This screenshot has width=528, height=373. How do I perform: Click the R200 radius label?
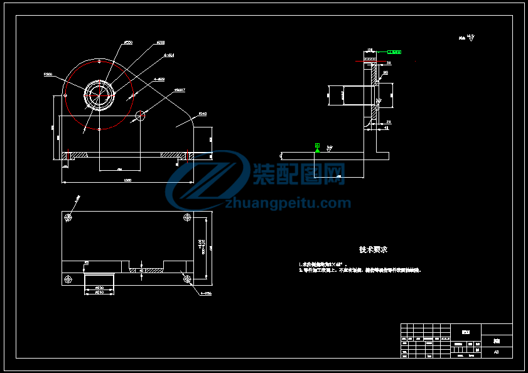(48, 74)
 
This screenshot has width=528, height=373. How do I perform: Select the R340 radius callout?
(202, 114)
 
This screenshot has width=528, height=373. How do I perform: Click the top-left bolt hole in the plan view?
(68, 217)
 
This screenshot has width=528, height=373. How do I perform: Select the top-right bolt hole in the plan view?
(187, 217)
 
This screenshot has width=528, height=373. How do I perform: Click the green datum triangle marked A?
(318, 147)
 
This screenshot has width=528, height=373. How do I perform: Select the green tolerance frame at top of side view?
(394, 52)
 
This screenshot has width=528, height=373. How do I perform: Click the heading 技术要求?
(373, 249)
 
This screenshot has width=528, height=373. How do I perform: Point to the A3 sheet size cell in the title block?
(496, 352)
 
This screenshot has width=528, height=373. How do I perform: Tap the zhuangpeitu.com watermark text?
(288, 203)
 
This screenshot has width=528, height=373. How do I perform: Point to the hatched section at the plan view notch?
(145, 271)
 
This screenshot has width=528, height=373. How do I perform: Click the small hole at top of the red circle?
(100, 62)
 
